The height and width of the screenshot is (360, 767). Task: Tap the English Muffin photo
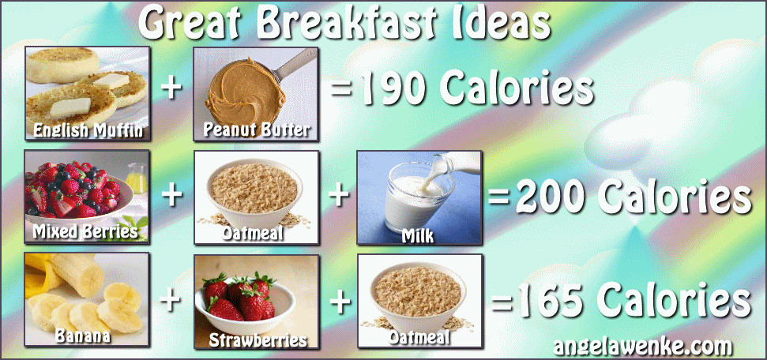pos(88,93)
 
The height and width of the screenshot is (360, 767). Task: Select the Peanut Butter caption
pos(257,129)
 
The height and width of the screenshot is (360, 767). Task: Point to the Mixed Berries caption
pos(85,232)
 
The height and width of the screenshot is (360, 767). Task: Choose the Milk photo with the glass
pos(419,197)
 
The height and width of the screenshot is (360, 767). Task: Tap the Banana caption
pos(83,335)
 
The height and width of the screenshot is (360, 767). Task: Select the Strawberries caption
pos(258,340)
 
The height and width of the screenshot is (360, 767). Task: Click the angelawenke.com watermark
pos(643,347)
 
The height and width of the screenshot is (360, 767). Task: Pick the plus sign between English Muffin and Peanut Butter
pos(171,89)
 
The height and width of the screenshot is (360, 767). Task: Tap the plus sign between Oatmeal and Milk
pos(339,195)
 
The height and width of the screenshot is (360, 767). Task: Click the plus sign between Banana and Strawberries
pos(171,300)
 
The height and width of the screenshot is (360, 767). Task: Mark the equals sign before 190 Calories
pos(341,89)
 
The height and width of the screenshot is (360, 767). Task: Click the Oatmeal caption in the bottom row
pos(419,338)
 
